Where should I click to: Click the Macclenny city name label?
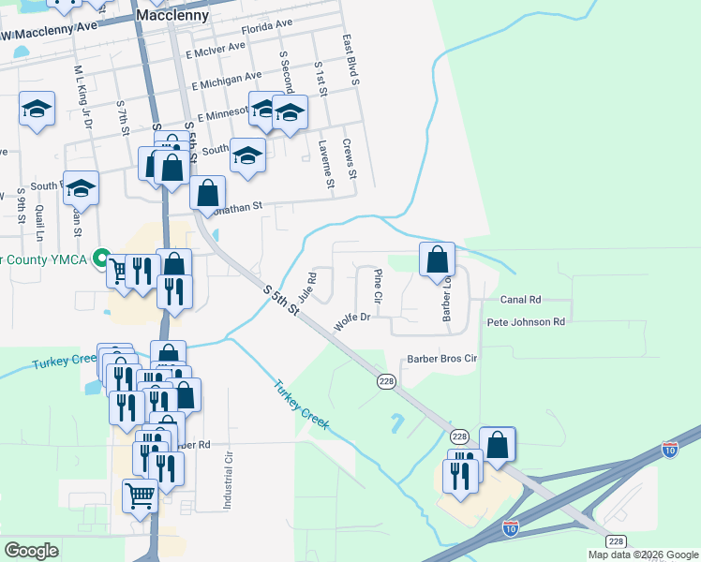(172, 16)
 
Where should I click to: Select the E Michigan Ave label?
(227, 81)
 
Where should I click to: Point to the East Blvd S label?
(350, 61)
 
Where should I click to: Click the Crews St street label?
(349, 159)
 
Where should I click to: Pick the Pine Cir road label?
(378, 285)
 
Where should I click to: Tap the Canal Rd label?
(521, 300)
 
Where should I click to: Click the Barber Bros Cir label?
(442, 359)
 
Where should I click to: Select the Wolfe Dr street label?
(353, 323)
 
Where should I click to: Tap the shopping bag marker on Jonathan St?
(207, 193)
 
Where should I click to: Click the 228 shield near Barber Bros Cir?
(385, 381)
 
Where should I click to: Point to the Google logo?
(32, 550)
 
